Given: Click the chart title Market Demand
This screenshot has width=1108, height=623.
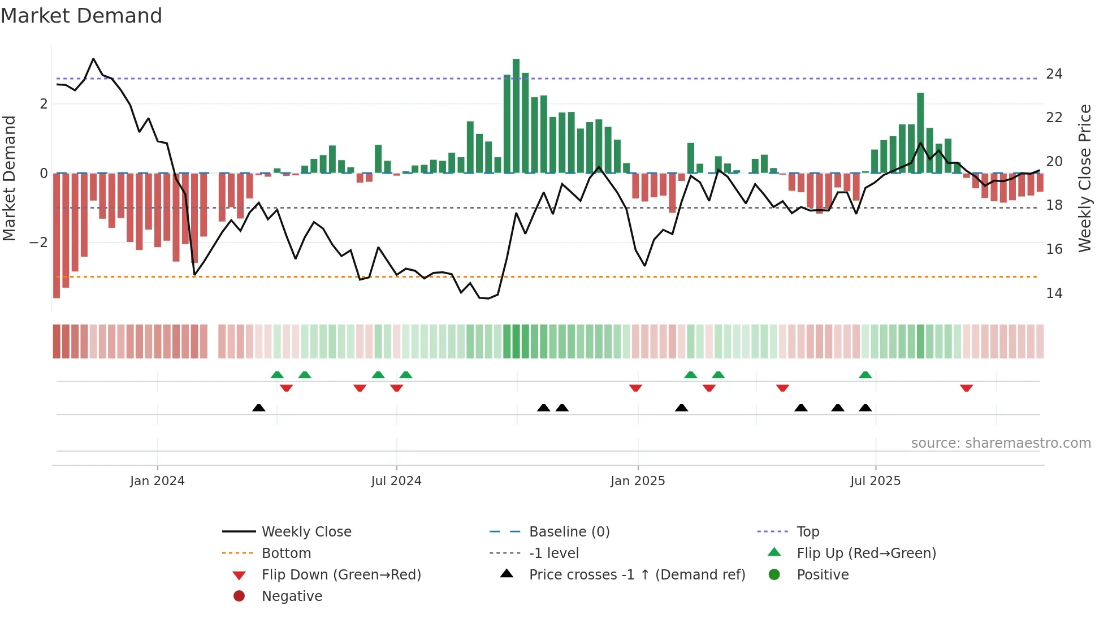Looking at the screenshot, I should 81,16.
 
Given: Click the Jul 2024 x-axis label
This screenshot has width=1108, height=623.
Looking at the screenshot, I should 396,481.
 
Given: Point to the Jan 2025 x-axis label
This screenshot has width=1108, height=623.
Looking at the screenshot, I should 638,481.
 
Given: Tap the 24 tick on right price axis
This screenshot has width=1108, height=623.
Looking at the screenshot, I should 1054,74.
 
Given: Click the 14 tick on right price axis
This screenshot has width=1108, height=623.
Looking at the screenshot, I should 1054,293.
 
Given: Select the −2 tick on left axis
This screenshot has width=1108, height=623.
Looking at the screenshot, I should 39,243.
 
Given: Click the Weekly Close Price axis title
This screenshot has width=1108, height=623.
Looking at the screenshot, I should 1084,178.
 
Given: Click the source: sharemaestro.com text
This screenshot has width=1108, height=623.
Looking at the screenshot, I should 1001,443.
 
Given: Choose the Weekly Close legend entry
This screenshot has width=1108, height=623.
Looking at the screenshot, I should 306,532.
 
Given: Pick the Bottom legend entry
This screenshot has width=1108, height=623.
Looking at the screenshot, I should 286,553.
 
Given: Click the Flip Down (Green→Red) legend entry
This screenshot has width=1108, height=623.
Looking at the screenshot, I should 341,575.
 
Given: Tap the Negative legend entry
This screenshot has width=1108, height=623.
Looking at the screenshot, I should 292,596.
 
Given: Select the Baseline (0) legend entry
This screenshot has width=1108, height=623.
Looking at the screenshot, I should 569,532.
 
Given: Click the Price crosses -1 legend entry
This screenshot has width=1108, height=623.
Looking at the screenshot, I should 637,575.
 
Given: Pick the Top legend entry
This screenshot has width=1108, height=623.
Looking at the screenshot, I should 807,532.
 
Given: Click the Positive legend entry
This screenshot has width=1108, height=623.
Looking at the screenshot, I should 823,575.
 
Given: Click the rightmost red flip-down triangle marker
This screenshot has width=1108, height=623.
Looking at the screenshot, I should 966,388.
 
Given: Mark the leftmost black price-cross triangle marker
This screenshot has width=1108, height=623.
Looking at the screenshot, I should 258,408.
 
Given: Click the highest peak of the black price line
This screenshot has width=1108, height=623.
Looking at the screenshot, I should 93,59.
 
